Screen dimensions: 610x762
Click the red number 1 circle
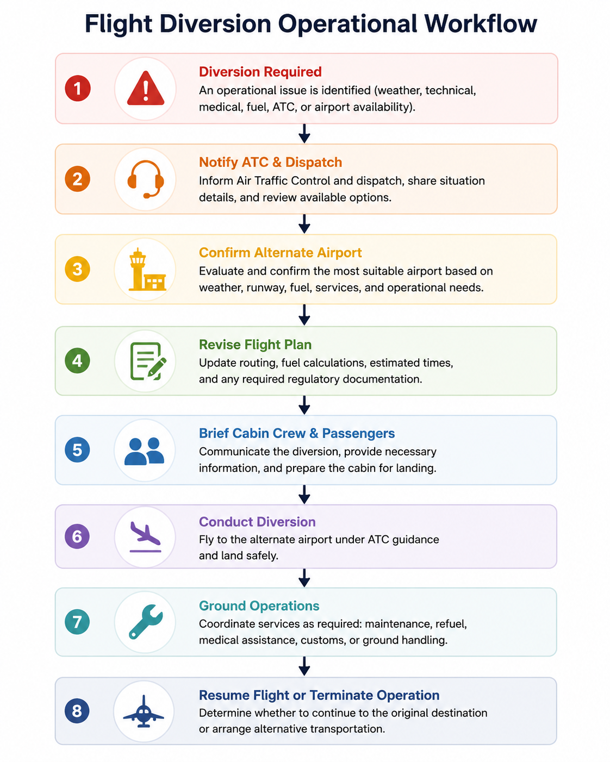click(x=78, y=88)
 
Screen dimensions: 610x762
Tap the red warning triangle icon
click(x=146, y=89)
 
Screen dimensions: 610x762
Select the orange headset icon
click(x=146, y=179)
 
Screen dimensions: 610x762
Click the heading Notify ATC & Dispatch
click(x=270, y=162)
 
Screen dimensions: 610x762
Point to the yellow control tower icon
click(x=147, y=270)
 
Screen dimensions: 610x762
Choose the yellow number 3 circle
click(x=77, y=269)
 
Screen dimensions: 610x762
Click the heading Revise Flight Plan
click(x=255, y=345)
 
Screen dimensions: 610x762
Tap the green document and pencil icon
click(x=148, y=361)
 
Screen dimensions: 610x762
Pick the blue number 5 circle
click(x=77, y=449)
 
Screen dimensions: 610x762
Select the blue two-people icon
click(x=144, y=451)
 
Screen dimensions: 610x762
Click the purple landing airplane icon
click(x=145, y=537)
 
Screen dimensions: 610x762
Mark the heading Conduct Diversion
click(x=257, y=522)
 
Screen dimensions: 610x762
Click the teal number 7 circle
click(x=77, y=622)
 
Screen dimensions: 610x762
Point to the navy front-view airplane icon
click(x=144, y=711)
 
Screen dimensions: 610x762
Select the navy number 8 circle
click(x=77, y=711)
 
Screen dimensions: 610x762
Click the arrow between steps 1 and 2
click(x=304, y=134)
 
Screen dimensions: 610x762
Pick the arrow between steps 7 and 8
click(x=304, y=666)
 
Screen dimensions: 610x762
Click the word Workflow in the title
click(x=481, y=24)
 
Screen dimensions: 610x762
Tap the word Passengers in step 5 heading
click(x=358, y=433)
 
